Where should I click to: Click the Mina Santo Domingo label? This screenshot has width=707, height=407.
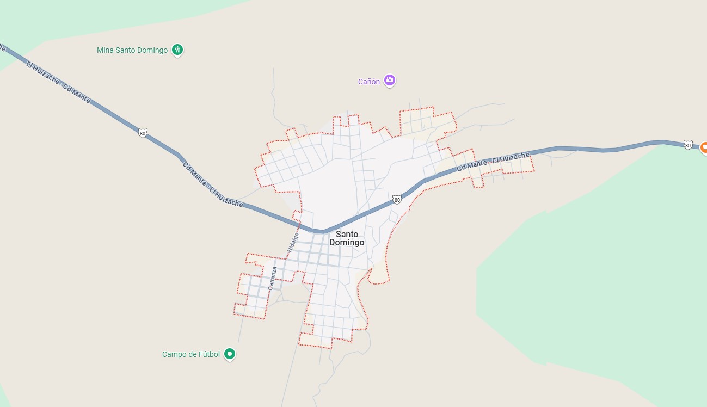click(132, 50)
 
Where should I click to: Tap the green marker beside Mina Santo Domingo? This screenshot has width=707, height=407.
click(177, 50)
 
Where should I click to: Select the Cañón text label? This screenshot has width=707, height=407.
click(368, 82)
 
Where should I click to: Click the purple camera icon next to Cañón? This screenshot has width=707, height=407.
click(389, 81)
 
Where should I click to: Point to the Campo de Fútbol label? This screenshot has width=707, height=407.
click(190, 354)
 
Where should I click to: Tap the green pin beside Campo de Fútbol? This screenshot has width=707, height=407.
click(230, 354)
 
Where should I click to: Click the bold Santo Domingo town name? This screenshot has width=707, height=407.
click(347, 238)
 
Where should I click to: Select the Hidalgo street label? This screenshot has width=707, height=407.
click(294, 242)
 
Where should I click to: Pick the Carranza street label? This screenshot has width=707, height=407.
click(273, 277)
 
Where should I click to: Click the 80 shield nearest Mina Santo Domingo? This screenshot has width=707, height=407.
click(142, 133)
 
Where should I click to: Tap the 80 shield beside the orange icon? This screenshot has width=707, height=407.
click(688, 145)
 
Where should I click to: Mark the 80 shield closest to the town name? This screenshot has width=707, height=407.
click(397, 200)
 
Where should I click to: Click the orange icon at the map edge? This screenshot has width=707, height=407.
click(703, 147)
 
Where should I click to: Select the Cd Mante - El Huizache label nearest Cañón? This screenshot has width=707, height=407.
click(494, 162)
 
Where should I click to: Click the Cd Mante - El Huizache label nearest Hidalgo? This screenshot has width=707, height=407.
click(213, 184)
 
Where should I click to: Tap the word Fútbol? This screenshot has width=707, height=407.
click(208, 354)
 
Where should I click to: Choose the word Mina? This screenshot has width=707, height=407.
click(106, 50)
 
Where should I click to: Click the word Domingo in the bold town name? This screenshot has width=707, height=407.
click(347, 243)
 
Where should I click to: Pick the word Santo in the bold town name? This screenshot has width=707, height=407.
click(347, 234)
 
